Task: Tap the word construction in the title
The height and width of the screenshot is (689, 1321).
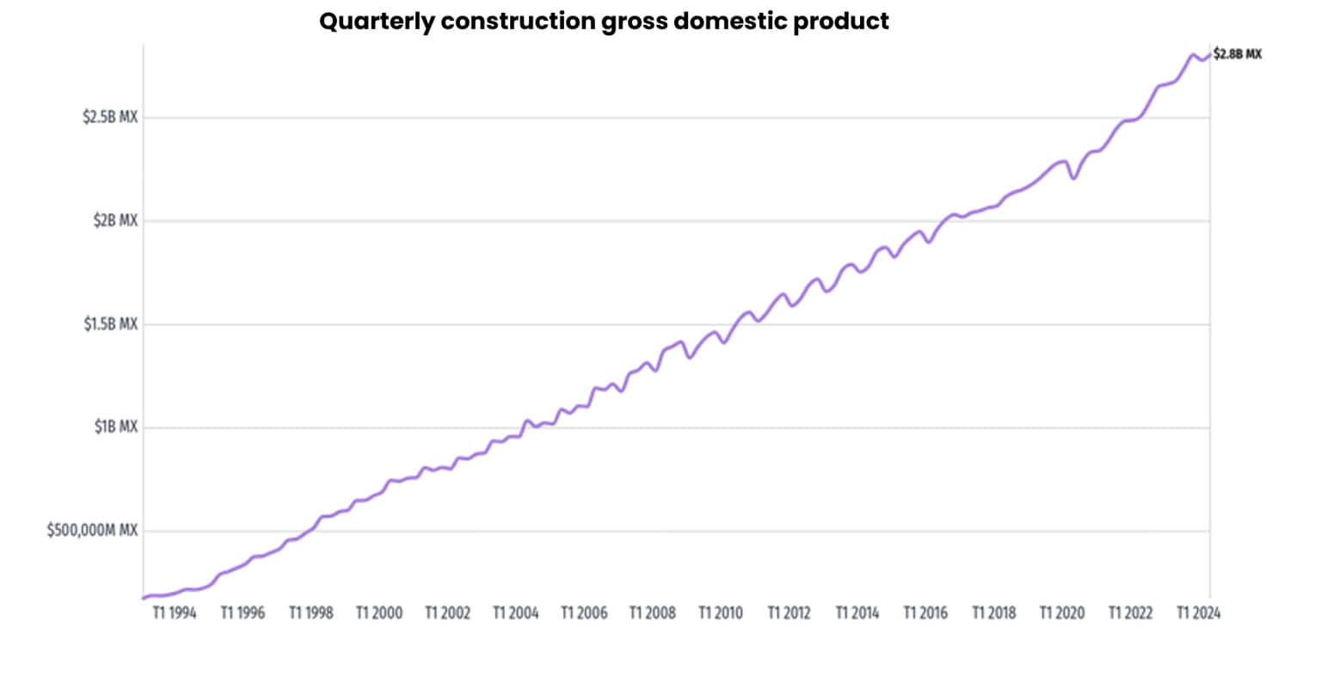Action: pos(519,22)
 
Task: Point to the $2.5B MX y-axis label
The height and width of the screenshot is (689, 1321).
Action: pos(110,117)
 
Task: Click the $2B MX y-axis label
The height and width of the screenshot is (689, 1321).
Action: pos(115,220)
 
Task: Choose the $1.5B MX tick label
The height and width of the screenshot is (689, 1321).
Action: pos(110,323)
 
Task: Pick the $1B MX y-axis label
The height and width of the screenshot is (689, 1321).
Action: pos(115,427)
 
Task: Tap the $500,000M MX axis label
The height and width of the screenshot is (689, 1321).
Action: pos(92,531)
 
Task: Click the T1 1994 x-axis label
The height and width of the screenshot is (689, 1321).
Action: pos(175,613)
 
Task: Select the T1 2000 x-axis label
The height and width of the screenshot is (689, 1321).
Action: pos(379,613)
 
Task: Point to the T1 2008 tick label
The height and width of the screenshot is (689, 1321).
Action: pos(652,613)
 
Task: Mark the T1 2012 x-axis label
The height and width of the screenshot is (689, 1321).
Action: pos(789,613)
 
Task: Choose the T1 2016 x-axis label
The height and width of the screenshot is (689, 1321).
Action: pos(925,613)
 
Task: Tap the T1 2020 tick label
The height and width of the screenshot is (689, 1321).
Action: pos(1062,613)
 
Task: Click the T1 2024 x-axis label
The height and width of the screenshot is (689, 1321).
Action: pos(1198,613)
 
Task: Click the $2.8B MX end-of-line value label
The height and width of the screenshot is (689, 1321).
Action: pos(1238,54)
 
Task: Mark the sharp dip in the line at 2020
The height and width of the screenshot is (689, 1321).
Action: pos(1074,177)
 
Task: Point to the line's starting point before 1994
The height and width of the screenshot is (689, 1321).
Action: pos(144,598)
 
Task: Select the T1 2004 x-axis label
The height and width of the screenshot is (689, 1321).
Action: pos(516,613)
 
